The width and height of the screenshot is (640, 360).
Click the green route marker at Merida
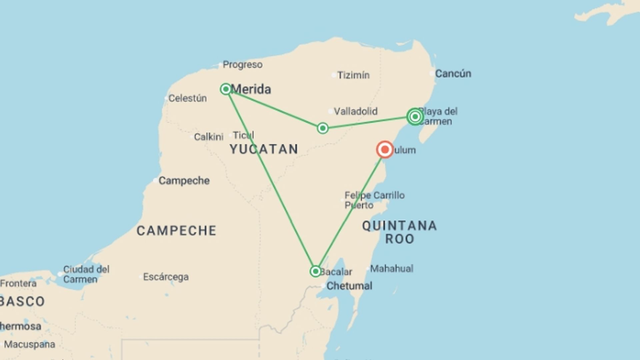226,89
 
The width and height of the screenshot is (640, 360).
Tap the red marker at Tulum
385,149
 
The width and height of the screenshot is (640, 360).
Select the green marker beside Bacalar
315,271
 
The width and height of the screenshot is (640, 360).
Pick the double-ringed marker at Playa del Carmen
415,117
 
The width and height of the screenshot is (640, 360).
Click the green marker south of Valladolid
322,128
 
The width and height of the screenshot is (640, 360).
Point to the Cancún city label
453,73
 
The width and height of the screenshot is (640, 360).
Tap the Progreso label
242,64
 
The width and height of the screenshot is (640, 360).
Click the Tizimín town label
353,75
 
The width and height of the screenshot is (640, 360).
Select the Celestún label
187,98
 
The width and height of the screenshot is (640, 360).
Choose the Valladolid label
356,111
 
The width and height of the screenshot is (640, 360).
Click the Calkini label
209,137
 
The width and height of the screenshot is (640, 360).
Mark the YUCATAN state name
264,149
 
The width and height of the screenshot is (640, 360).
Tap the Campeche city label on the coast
184,180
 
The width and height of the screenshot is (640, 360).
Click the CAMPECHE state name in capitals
176,231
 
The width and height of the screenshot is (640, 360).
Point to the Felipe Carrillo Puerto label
374,200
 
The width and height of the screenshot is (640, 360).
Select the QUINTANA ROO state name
399,232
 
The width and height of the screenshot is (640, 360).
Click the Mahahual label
392,268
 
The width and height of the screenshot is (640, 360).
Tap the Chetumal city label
349,286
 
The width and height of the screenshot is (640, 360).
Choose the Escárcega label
166,277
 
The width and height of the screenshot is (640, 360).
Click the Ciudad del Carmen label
86,274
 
